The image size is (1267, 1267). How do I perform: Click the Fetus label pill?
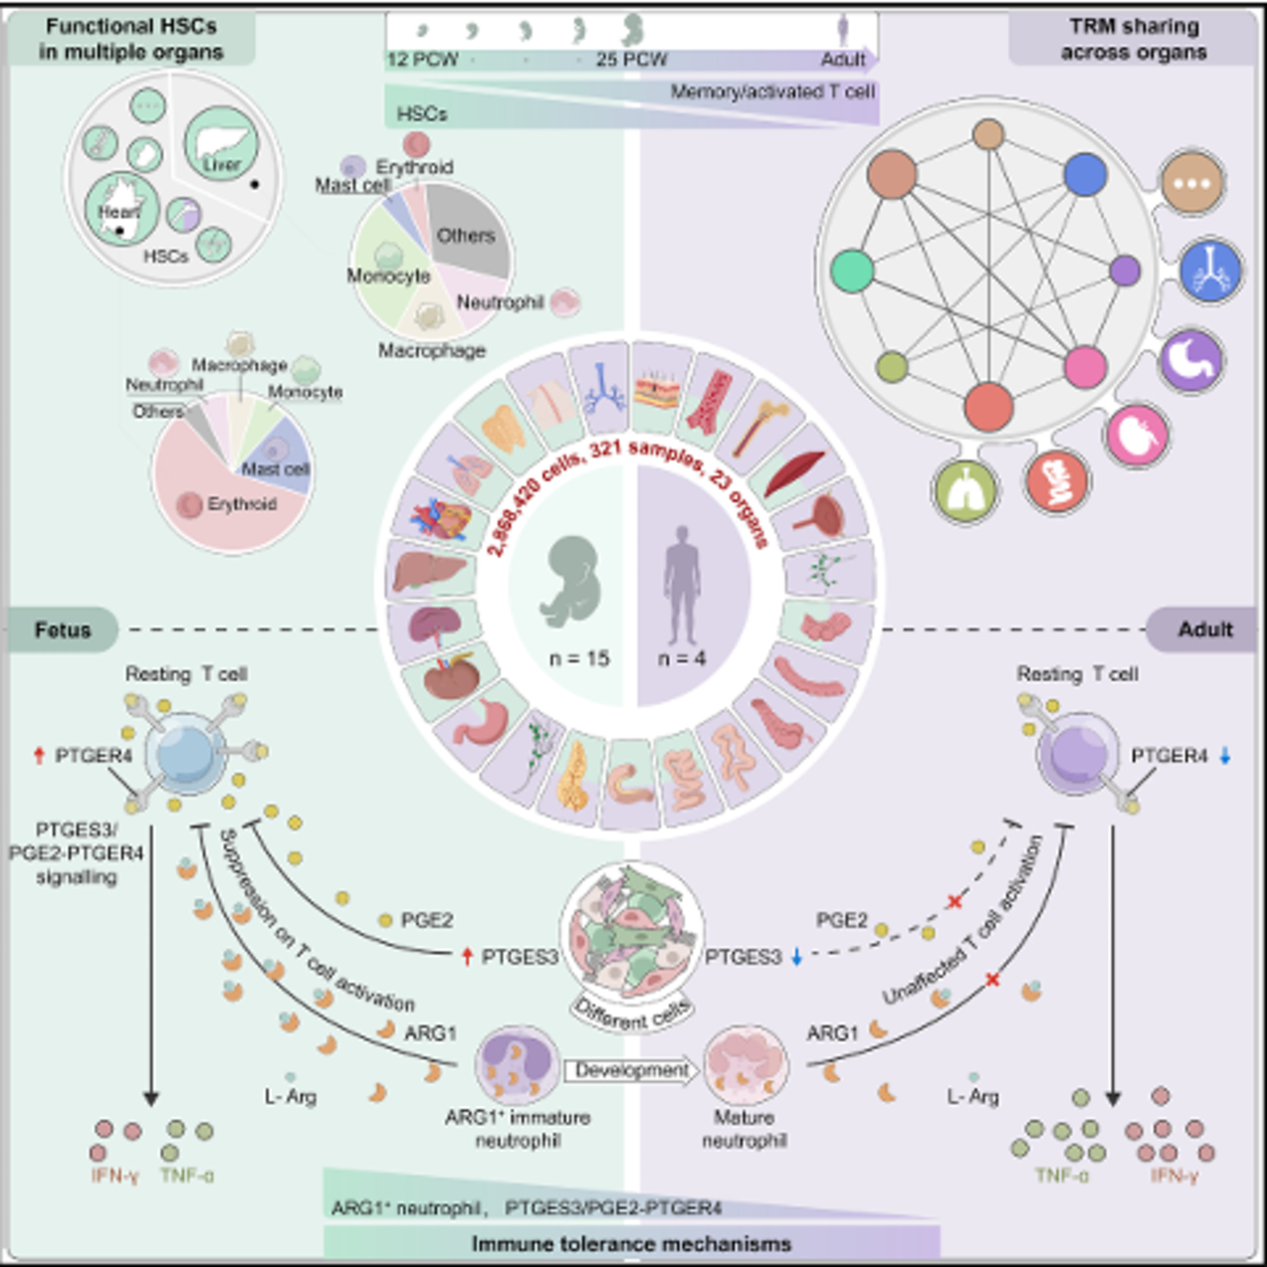point(63,630)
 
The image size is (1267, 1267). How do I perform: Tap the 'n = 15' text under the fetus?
point(579,658)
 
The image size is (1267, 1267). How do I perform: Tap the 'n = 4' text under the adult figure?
point(682,658)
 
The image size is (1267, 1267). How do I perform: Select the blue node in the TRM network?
point(1085,174)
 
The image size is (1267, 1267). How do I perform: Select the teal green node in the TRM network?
point(852,271)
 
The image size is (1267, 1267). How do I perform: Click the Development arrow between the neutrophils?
point(631,1071)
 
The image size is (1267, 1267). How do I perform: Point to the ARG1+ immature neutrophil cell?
point(517,1067)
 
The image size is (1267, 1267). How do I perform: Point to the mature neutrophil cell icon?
point(746,1067)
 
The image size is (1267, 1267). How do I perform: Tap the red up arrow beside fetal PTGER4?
point(39,756)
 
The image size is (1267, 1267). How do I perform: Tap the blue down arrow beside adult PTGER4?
point(1224,756)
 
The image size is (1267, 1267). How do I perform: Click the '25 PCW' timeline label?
point(631,60)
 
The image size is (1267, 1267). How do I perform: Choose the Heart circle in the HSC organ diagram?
point(121,209)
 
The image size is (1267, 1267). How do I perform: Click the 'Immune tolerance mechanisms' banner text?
point(631,1244)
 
